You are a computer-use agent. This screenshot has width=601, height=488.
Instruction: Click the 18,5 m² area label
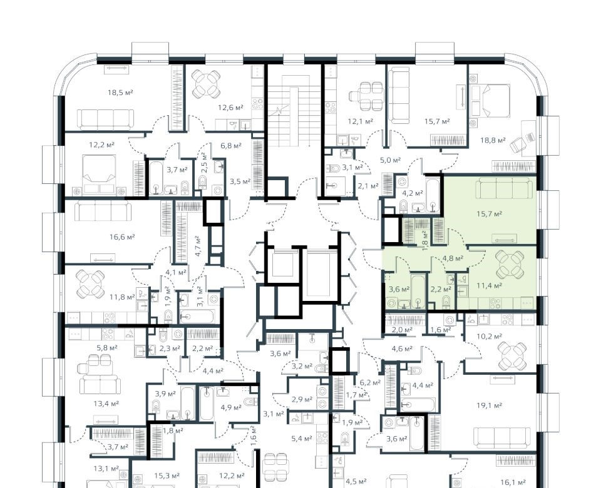[120, 93]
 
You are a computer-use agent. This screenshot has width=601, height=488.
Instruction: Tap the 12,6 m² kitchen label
[231, 108]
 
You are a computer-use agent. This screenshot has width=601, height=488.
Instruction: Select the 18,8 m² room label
[493, 141]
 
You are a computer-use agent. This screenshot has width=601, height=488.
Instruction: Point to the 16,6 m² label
[122, 237]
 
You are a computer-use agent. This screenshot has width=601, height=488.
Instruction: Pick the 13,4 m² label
[106, 404]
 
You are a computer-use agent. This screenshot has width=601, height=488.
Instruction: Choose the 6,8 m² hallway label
[231, 146]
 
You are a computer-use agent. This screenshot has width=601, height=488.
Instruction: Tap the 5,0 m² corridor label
[390, 160]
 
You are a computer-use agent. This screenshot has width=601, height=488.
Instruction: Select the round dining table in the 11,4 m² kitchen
[510, 265]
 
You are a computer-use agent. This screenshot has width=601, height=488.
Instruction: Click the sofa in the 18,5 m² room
[106, 120]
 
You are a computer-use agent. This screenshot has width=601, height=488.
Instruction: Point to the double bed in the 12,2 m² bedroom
[100, 175]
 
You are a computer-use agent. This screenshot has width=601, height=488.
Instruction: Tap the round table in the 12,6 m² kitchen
[206, 84]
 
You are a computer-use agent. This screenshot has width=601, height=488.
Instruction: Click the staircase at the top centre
[294, 111]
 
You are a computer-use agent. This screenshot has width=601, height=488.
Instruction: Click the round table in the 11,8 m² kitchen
[90, 284]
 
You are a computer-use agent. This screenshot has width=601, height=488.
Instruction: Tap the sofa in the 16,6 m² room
[103, 211]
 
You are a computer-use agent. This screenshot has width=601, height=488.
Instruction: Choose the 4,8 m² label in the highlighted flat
[453, 258]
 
